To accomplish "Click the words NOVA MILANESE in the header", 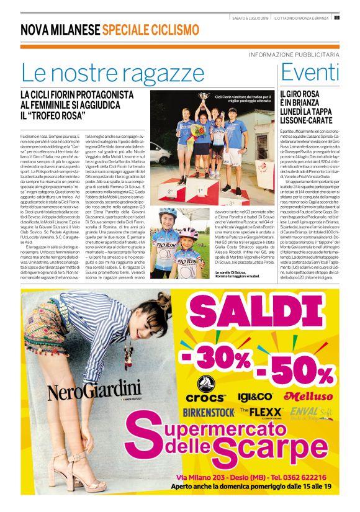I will pos(60,30).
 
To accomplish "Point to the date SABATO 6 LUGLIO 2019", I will pos(248,17).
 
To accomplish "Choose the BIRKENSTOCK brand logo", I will pos(209,411).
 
